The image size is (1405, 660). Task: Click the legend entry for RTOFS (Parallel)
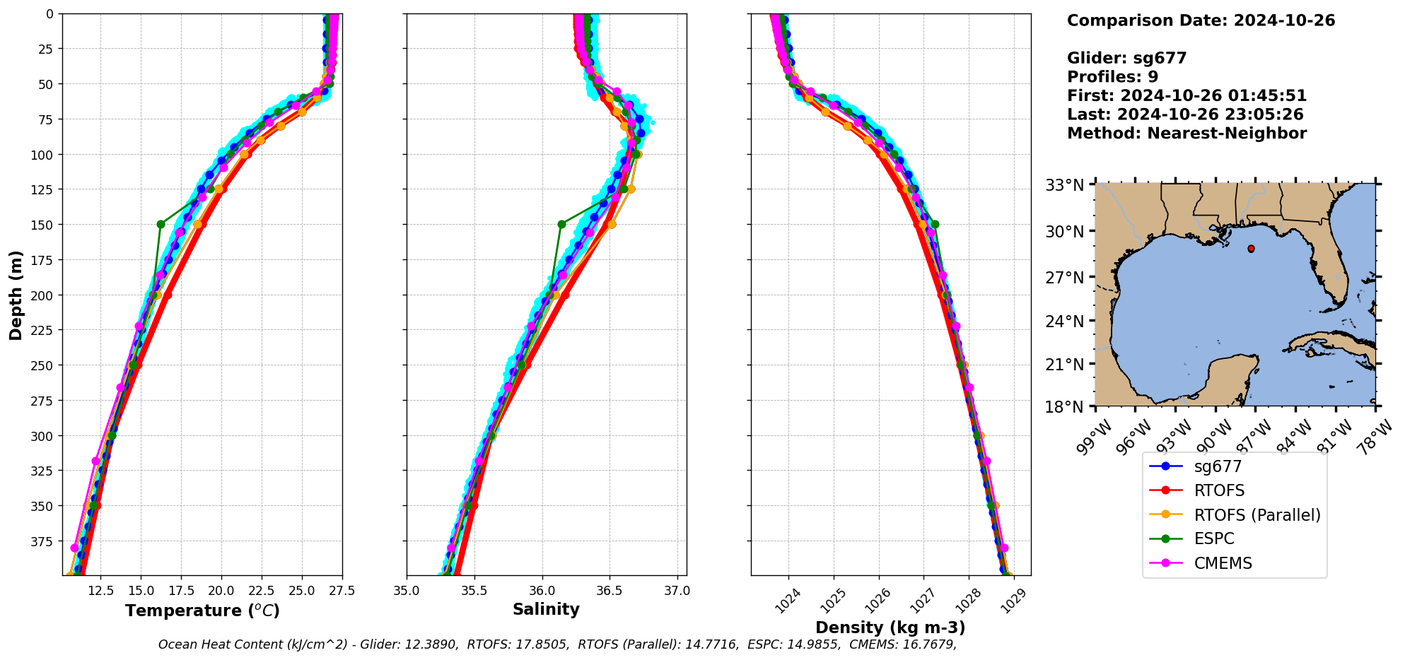(x=1257, y=515)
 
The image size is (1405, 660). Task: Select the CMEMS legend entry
(x=1223, y=563)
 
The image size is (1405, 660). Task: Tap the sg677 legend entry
(x=1218, y=466)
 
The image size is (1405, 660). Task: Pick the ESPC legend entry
(x=1213, y=539)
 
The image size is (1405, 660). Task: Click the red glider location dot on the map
(x=1251, y=249)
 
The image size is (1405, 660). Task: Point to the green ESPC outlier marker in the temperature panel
(x=161, y=224)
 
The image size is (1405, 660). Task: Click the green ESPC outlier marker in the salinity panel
(x=561, y=224)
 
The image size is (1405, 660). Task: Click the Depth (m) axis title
(x=16, y=295)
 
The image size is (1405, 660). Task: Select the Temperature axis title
(x=202, y=611)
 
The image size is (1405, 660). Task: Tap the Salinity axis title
(x=546, y=609)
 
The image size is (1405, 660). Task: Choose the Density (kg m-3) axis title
(x=890, y=627)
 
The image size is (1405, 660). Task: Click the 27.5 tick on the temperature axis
(x=342, y=591)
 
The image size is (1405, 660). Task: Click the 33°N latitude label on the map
(x=1064, y=185)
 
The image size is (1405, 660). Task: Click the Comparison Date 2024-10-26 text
(x=1201, y=20)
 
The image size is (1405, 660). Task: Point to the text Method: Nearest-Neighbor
(x=1187, y=133)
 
